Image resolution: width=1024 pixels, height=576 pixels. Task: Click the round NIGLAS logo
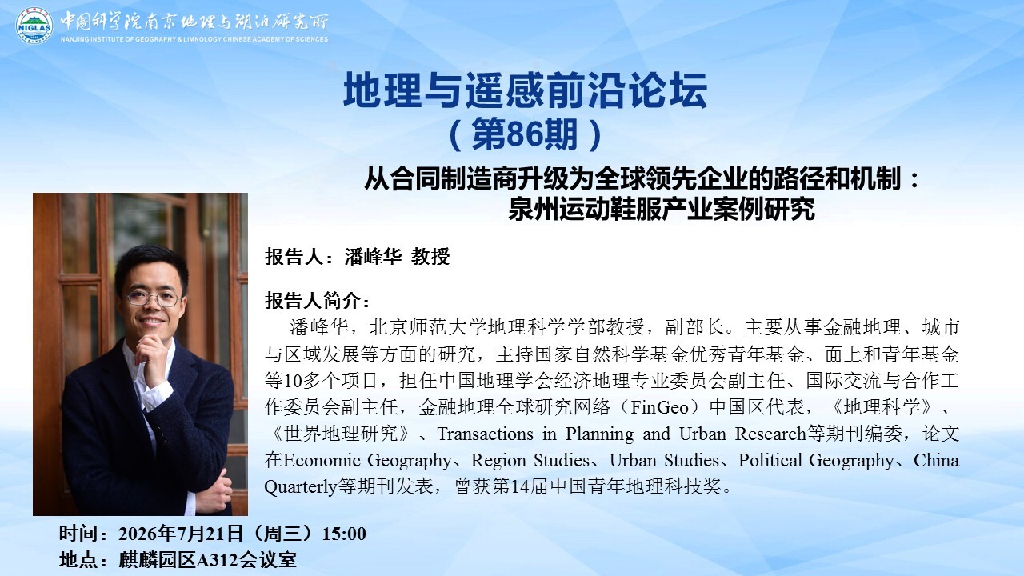pos(34,26)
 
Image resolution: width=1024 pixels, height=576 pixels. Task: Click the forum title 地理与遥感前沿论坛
pos(526,90)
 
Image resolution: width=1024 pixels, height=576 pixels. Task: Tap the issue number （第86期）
pos(526,134)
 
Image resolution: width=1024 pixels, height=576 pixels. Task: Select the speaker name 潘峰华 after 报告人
pos(373,257)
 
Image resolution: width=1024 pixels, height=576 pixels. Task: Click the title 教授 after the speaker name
pos(430,257)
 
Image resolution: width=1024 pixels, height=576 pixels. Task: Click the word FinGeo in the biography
pos(659,407)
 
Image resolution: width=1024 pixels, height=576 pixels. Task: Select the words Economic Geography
pos(367,460)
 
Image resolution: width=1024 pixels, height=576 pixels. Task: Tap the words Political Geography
pos(816,460)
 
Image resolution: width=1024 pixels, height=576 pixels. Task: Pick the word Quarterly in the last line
pos(300,487)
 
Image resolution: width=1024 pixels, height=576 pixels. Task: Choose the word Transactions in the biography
pos(485,434)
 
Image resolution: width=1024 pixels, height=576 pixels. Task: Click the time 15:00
pos(344,534)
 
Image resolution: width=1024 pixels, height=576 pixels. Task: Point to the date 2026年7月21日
pos(181,534)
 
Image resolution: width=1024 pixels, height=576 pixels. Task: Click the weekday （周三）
pos(282,534)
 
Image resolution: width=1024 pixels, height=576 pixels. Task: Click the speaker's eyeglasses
pos(154,298)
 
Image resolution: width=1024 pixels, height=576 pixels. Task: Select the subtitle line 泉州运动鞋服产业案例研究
pos(661,210)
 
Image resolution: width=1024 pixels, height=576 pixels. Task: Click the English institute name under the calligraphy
pos(194,39)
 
